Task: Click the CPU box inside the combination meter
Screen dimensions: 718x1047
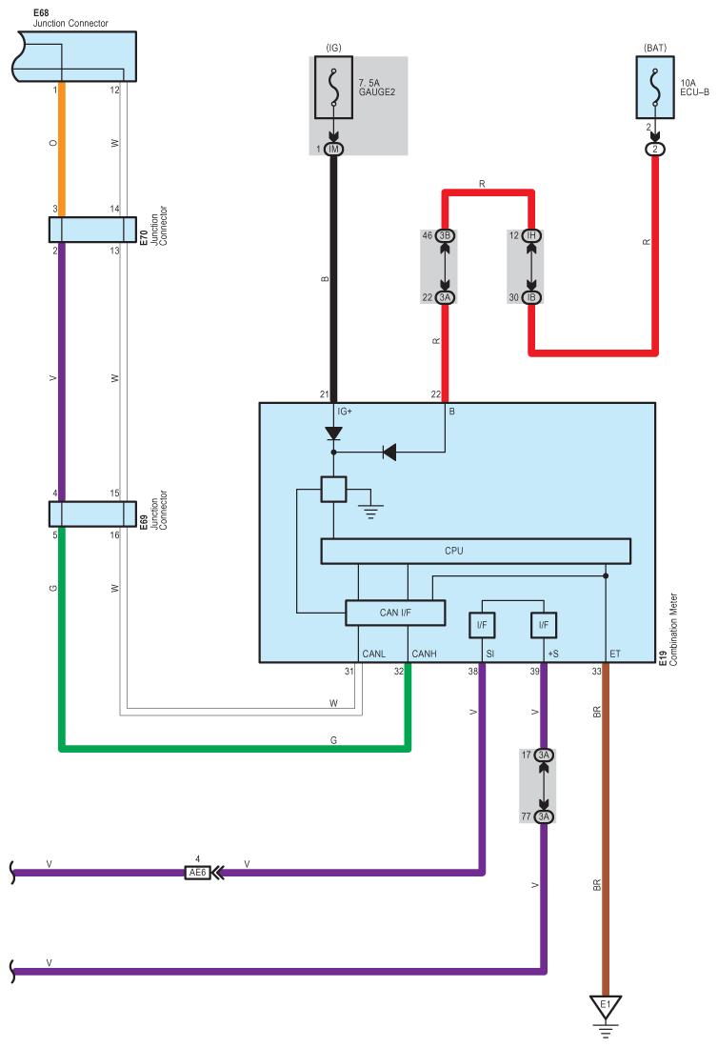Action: pos(475,551)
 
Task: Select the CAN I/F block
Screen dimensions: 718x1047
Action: pos(395,613)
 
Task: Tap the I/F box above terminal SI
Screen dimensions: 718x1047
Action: pos(482,625)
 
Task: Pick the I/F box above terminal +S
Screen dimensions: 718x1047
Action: pos(544,625)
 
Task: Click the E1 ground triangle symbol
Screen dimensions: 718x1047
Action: pos(606,1006)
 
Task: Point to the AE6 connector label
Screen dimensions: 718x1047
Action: pos(197,872)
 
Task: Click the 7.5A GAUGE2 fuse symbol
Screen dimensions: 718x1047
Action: pos(333,88)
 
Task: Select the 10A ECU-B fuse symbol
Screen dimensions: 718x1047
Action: pos(655,88)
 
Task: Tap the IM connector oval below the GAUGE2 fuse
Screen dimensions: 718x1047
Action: pos(333,149)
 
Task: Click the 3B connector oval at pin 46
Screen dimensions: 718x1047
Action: pos(445,235)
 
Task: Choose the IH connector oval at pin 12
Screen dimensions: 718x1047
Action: pos(531,235)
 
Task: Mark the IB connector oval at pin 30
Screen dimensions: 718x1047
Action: pos(531,297)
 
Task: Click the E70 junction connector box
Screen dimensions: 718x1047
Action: pos(92,230)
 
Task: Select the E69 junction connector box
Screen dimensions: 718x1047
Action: pos(92,514)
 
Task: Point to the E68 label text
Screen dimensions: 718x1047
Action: pos(41,12)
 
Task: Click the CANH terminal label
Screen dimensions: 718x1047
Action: pos(424,654)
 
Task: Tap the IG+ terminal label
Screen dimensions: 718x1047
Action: pos(345,412)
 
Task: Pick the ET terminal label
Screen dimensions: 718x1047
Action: pos(614,654)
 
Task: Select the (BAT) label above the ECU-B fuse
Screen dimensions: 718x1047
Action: pos(655,48)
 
